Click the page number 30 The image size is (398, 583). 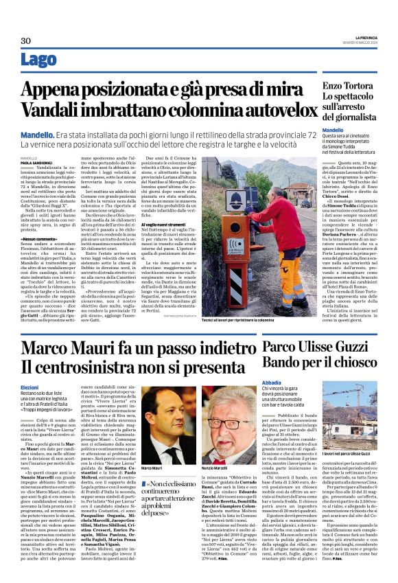(26, 41)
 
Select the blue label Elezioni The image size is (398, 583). (30, 389)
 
